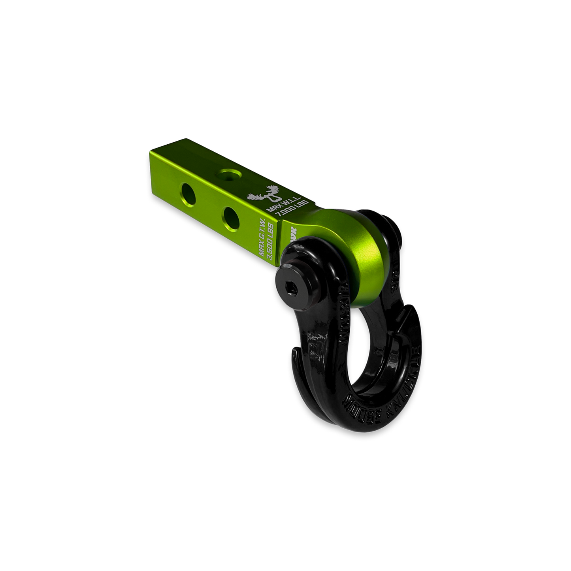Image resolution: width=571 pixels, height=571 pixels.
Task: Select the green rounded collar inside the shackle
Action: (x=356, y=257)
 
